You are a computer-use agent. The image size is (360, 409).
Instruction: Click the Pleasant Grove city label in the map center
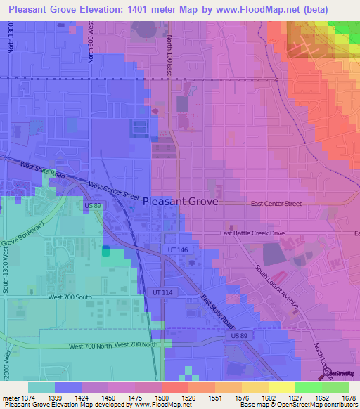coord(180,201)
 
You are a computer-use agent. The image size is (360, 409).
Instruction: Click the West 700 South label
coord(70,297)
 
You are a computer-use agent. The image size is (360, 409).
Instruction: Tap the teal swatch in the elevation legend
coord(41,387)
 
